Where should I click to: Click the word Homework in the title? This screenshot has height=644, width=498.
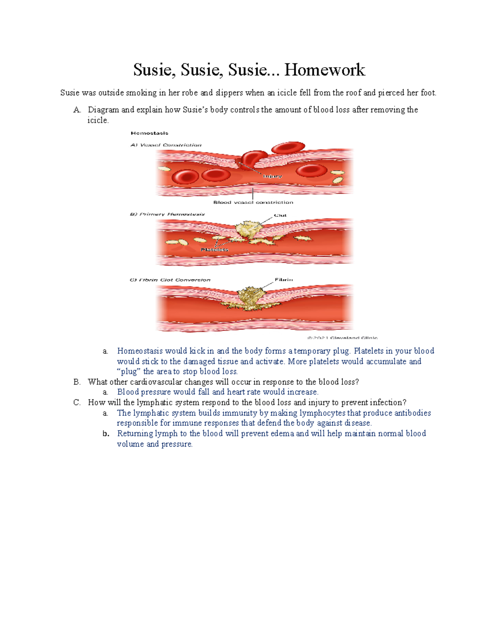pyautogui.click(x=325, y=70)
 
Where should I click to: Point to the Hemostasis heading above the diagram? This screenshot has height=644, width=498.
pyautogui.click(x=149, y=133)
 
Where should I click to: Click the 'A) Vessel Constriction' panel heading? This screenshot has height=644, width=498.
pyautogui.click(x=166, y=145)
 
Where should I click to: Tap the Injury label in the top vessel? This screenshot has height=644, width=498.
pyautogui.click(x=272, y=176)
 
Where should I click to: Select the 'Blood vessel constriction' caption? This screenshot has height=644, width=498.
pyautogui.click(x=253, y=202)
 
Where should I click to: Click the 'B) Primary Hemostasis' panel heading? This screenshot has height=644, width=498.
pyautogui.click(x=167, y=214)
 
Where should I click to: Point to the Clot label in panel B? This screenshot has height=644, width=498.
pyautogui.click(x=280, y=215)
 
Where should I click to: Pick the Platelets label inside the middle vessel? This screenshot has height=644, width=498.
pyautogui.click(x=215, y=250)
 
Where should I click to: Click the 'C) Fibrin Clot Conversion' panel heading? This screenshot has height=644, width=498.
pyautogui.click(x=170, y=280)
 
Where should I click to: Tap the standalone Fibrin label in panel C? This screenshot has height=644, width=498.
pyautogui.click(x=284, y=280)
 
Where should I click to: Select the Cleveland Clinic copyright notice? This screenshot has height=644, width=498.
pyautogui.click(x=342, y=338)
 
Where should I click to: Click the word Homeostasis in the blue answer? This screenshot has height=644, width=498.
pyautogui.click(x=140, y=351)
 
